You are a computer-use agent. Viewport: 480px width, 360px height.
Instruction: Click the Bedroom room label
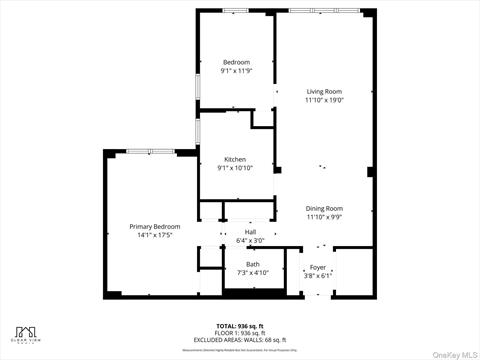click(236, 62)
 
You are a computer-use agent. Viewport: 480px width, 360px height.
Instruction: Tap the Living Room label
click(324, 91)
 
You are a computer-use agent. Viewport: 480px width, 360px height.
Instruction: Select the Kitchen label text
click(235, 159)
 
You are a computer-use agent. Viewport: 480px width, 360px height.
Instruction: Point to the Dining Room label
click(324, 208)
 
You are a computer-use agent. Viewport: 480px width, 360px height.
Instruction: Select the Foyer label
click(317, 267)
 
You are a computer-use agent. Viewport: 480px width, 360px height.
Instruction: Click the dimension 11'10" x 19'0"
click(324, 100)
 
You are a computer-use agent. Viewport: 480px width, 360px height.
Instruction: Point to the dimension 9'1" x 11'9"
click(236, 71)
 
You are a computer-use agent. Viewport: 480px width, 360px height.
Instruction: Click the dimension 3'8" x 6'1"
click(317, 276)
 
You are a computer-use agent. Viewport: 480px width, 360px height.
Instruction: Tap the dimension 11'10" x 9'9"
click(324, 217)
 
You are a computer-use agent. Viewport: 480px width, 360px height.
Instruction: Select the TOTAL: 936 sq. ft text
click(240, 327)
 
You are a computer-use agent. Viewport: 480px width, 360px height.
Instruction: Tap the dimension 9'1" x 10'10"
click(235, 168)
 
